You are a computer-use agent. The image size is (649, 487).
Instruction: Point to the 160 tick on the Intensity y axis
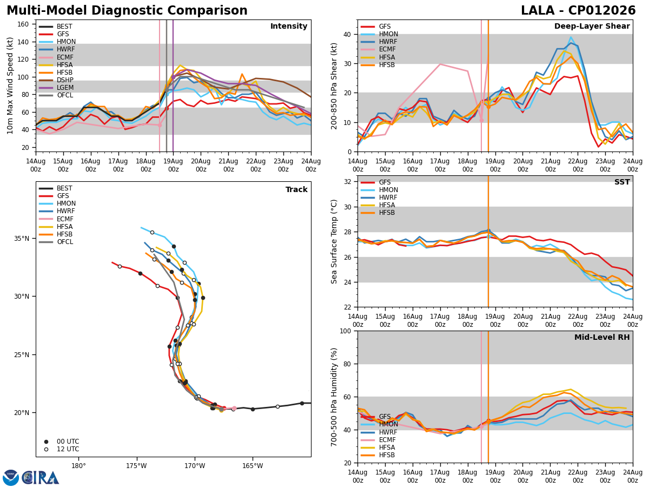pos(23,24)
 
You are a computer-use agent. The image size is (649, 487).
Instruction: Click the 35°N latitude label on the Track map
pos(22,239)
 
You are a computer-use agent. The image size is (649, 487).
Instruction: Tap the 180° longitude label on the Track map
pos(78,466)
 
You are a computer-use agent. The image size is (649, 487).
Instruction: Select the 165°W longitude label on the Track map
pos(253,466)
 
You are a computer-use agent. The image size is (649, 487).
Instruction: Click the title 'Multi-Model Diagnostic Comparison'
pos(127,11)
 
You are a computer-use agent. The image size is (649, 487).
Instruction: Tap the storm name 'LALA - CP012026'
pos(578,11)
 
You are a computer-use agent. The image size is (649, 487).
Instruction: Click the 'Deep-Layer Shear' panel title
pos(592,26)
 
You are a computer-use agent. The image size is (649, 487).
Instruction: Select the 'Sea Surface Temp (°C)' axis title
pos(334,241)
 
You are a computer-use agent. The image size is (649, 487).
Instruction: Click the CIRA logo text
pos(41,478)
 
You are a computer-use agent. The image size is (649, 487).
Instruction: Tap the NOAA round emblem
pos(11,478)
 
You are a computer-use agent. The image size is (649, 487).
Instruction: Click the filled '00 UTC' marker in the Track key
pos(46,442)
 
